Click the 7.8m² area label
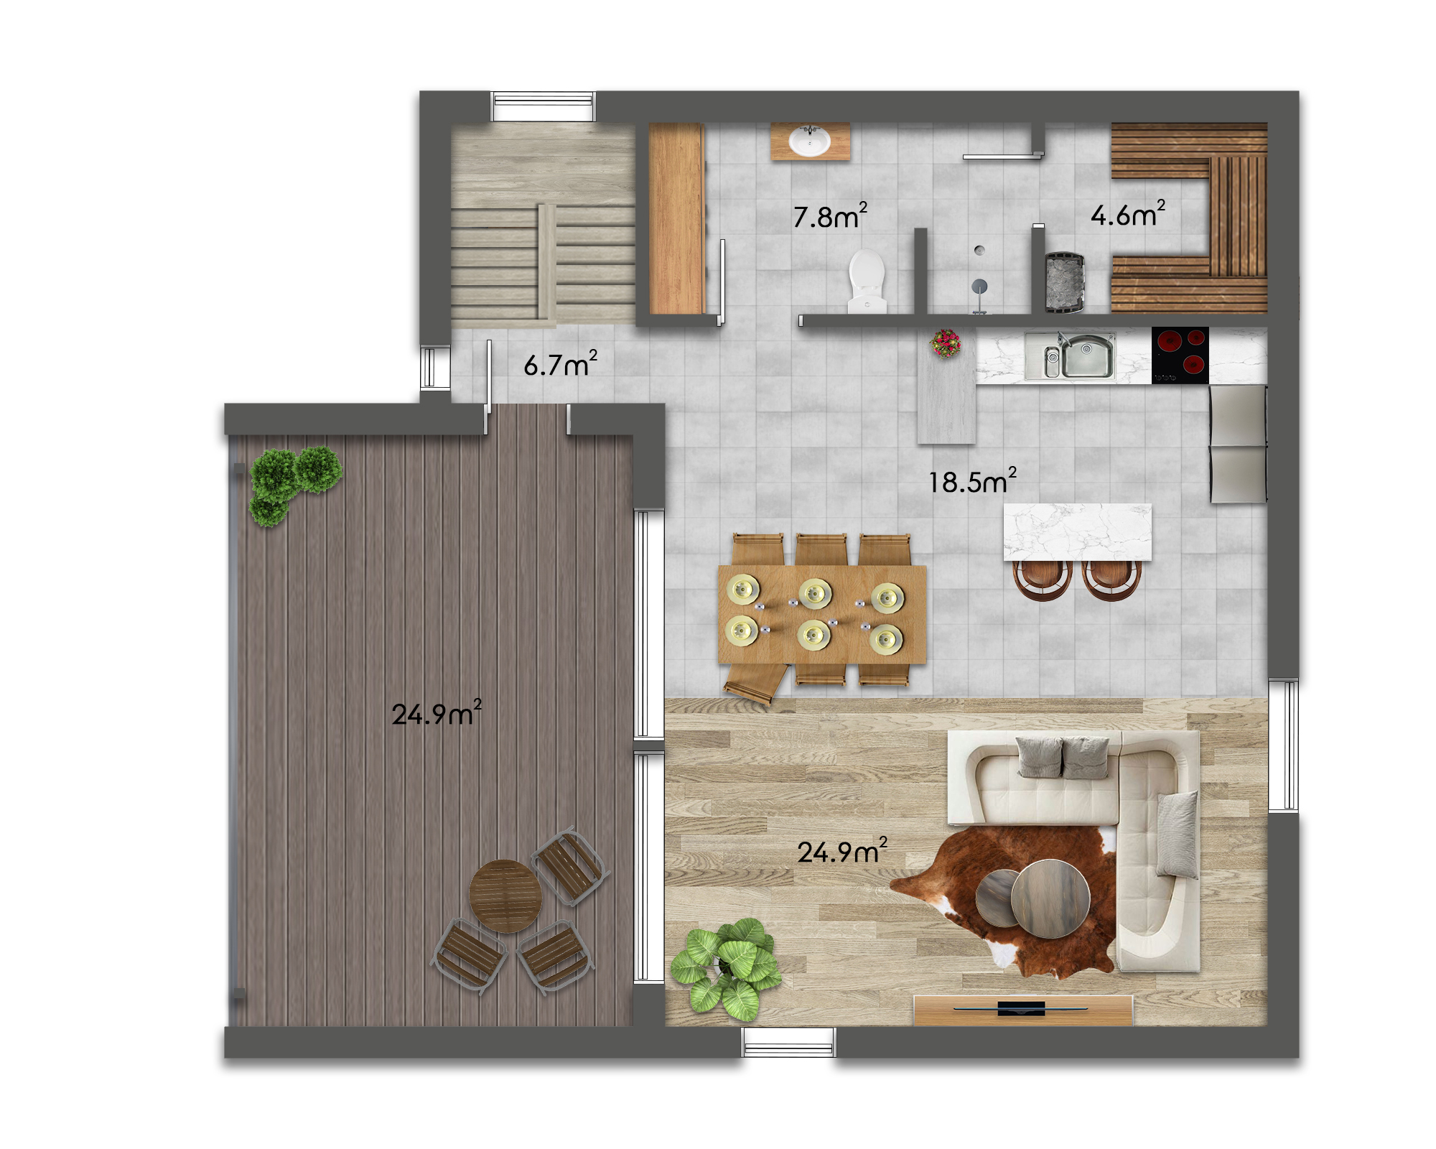830,215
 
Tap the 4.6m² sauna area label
1128,214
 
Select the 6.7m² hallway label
560,364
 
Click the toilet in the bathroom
867,281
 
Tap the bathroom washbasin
810,141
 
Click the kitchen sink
1071,355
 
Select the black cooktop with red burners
1180,355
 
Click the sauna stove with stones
1064,282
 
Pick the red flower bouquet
946,343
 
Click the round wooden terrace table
505,896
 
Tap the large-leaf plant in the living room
725,969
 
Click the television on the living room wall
1022,1009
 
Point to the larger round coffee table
1050,898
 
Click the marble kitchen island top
1077,531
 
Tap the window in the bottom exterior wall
788,1042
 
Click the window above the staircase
543,106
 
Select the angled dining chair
754,683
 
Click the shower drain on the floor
979,250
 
